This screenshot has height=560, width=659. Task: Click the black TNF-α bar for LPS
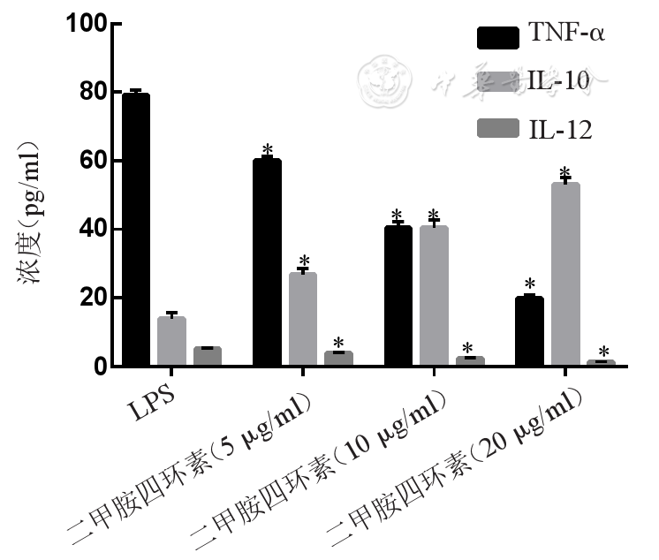tap(136, 230)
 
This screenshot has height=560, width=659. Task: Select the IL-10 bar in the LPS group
tap(171, 341)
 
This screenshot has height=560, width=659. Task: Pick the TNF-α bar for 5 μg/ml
tap(267, 262)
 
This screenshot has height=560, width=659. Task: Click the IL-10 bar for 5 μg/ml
tap(303, 319)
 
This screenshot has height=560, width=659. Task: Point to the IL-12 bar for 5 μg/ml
tap(338, 359)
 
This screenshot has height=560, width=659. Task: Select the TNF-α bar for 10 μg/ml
tap(398, 296)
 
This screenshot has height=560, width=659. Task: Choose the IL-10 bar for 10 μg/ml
tap(434, 296)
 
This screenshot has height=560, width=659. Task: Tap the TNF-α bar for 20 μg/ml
tap(529, 331)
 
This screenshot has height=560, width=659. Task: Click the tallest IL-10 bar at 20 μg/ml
tap(565, 274)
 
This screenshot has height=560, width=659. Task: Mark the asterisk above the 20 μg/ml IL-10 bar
tap(565, 173)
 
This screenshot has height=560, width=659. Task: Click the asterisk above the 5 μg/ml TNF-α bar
tap(267, 150)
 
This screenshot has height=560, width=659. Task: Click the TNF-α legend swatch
tap(497, 38)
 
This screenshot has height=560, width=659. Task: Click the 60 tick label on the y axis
tap(92, 161)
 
